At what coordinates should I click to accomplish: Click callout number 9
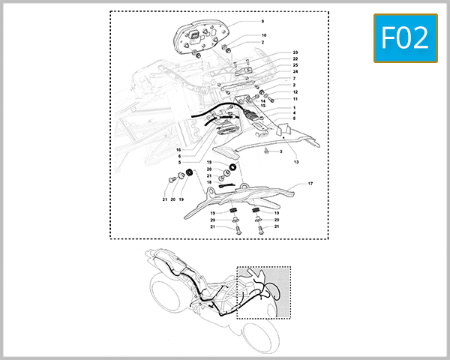[x=262, y=22]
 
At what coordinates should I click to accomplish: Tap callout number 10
[x=263, y=35]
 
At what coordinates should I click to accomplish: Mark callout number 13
[x=296, y=162]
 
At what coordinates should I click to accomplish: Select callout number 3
[x=280, y=151]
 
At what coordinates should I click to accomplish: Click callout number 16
[x=178, y=149]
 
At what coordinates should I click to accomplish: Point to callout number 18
[x=209, y=182]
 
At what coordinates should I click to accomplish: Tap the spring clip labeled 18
[x=227, y=183]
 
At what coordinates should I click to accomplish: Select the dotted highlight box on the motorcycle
[x=262, y=292]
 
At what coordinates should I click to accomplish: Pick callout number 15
[x=262, y=106]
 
